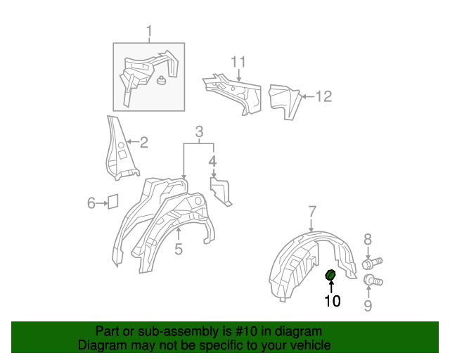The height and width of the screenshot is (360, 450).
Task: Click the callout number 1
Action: (149, 30)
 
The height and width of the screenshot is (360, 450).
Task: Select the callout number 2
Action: (143, 143)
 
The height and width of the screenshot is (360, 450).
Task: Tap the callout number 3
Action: (199, 131)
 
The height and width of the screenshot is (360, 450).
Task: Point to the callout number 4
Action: (212, 162)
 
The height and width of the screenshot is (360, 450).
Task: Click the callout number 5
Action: (179, 248)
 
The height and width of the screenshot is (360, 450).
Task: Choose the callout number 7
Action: (312, 210)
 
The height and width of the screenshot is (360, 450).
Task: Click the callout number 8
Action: (368, 240)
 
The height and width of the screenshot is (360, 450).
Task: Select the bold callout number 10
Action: (332, 301)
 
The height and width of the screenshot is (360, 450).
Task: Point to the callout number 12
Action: (323, 96)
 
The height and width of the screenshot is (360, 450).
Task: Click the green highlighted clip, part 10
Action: (330, 275)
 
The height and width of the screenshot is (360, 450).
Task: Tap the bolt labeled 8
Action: (371, 263)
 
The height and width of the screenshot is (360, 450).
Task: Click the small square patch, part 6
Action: (112, 202)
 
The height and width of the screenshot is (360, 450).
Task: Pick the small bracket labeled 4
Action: (221, 191)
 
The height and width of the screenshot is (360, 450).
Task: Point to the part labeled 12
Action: (285, 99)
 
